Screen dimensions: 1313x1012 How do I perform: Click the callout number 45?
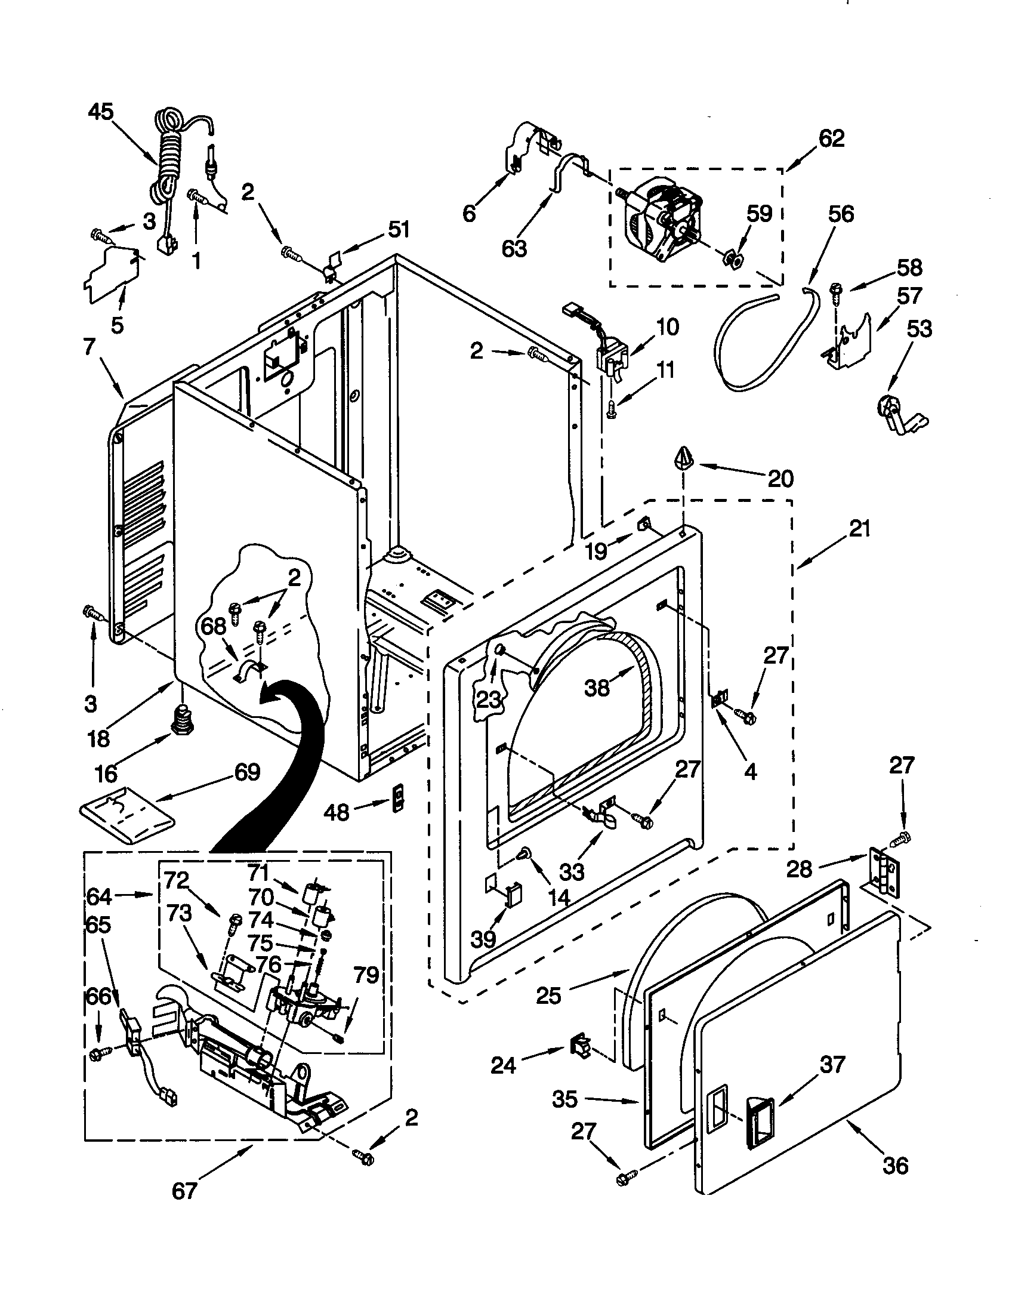[100, 112]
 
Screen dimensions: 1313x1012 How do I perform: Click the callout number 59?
[759, 213]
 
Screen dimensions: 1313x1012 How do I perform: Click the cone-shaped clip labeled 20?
[684, 460]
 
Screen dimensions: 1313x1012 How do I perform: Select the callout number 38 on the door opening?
[597, 688]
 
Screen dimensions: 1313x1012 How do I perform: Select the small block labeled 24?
[580, 1046]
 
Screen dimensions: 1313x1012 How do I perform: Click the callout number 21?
[859, 529]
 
